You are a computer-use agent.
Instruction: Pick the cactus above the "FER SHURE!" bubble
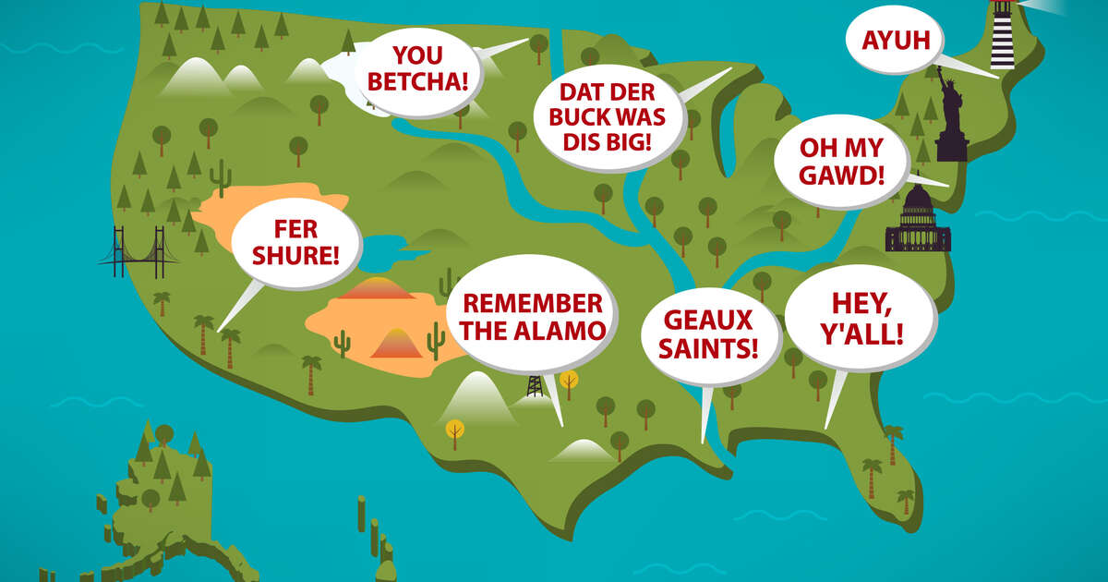coord(220,173)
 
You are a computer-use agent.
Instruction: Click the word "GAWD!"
coord(840,174)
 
